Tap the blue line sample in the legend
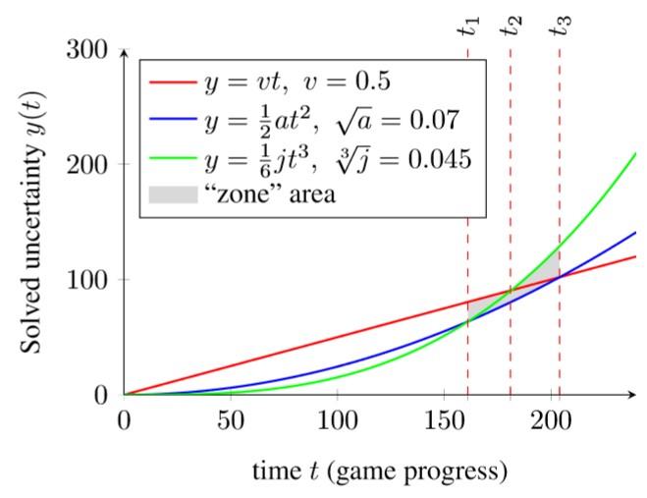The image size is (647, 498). point(172,122)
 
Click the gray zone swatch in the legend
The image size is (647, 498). point(172,194)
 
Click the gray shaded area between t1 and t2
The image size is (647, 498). point(479,307)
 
